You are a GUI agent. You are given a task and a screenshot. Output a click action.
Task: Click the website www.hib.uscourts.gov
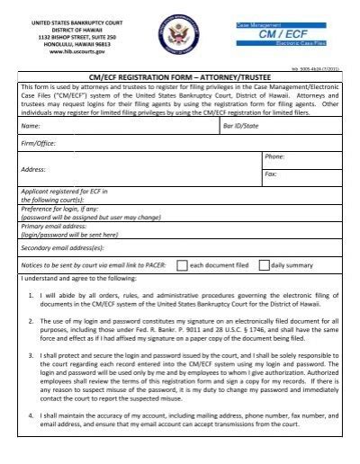click(75, 50)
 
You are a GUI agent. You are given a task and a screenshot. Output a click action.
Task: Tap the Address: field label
click(34, 169)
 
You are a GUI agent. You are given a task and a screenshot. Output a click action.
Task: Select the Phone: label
click(274, 157)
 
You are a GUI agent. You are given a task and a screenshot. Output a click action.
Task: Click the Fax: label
click(270, 174)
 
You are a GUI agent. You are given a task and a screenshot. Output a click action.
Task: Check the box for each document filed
click(182, 266)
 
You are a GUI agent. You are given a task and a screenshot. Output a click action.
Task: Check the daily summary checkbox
click(264, 266)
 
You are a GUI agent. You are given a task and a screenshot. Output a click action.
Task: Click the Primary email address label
click(59, 227)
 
